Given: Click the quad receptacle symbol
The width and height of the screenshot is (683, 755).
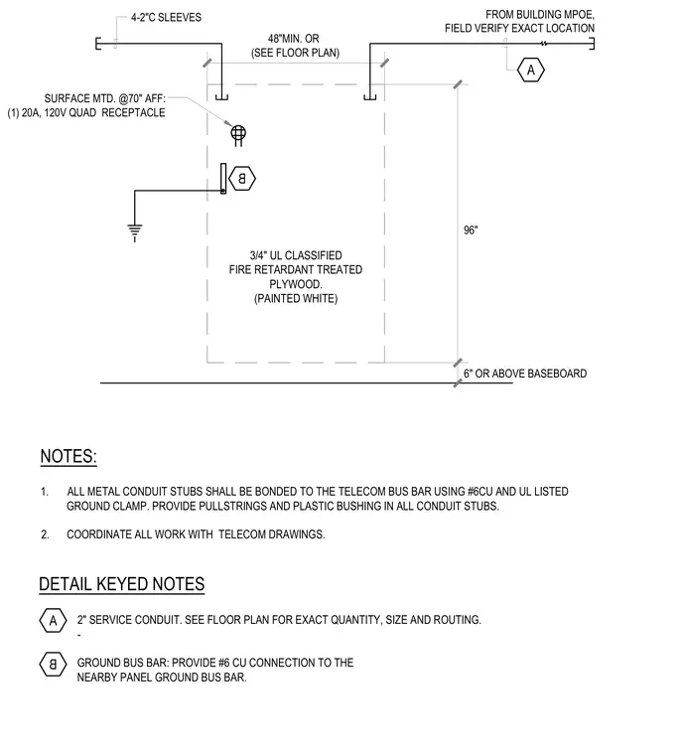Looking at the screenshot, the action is coord(238,133).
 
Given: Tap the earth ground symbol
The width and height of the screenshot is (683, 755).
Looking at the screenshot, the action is coord(135,231).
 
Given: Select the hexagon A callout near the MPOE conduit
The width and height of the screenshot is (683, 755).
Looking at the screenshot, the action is coord(531,71).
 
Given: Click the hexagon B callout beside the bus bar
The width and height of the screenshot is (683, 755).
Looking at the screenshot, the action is coord(242,179).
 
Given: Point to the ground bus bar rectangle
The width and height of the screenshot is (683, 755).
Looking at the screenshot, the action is coord(223,179).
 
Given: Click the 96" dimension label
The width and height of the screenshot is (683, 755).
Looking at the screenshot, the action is coord(471,230).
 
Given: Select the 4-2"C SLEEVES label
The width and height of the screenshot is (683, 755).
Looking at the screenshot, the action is coord(166,17).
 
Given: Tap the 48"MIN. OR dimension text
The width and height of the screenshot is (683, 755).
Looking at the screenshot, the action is coord(294,39).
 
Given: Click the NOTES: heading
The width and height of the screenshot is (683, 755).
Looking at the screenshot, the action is coord(68,456).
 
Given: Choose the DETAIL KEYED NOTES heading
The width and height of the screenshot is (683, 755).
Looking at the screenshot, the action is coord(122,583).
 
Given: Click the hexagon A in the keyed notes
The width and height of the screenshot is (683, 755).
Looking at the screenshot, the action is coord(53,620).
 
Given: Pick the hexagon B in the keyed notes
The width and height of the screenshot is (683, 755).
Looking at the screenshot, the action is coord(53,665).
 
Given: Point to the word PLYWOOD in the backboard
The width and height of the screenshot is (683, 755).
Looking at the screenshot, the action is coord(296,284).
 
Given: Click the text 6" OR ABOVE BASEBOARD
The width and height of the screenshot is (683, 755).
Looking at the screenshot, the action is coord(525,374).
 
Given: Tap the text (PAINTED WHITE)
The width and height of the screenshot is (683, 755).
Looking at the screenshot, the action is coord(296,299).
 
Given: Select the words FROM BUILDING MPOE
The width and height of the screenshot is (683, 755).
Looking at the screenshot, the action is coord(540,15).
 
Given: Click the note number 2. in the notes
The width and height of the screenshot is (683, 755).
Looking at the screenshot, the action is coord(45,534).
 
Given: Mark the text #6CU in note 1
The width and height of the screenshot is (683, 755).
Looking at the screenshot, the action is coord(479,492).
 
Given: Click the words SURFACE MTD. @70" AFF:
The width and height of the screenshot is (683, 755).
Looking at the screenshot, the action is coord(105,98).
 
